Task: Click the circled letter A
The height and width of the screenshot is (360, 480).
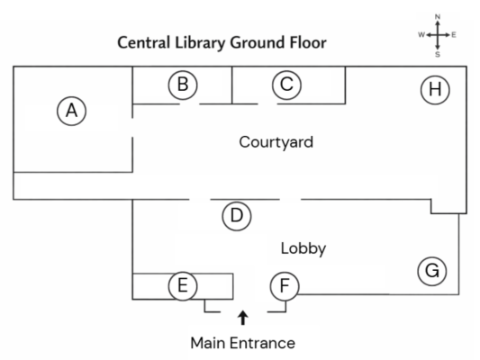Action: click(72, 111)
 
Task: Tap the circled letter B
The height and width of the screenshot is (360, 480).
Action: click(183, 85)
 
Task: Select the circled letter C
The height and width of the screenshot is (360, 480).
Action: click(287, 85)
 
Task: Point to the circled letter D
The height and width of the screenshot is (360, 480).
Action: click(237, 216)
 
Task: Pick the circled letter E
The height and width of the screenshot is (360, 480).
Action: click(183, 286)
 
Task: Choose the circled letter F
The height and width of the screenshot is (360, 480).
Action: click(285, 286)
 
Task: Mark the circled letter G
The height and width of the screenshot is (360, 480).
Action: click(432, 271)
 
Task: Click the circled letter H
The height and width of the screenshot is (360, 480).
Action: click(435, 90)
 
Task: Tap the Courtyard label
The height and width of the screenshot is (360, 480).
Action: click(276, 142)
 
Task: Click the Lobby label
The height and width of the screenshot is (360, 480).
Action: click(303, 248)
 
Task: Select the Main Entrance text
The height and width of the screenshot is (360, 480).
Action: click(243, 343)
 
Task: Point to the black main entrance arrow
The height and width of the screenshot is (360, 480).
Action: click(243, 318)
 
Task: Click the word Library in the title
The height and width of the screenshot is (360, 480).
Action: click(200, 43)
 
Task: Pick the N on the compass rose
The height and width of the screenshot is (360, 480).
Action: click(438, 16)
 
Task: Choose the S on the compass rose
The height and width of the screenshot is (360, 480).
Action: click(438, 54)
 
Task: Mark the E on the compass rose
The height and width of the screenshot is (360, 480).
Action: click(454, 35)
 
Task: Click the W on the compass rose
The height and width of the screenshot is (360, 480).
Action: click(421, 35)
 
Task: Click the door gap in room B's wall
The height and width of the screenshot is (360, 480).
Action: click(189, 104)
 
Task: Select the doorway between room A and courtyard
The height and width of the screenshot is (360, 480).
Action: click(132, 128)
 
